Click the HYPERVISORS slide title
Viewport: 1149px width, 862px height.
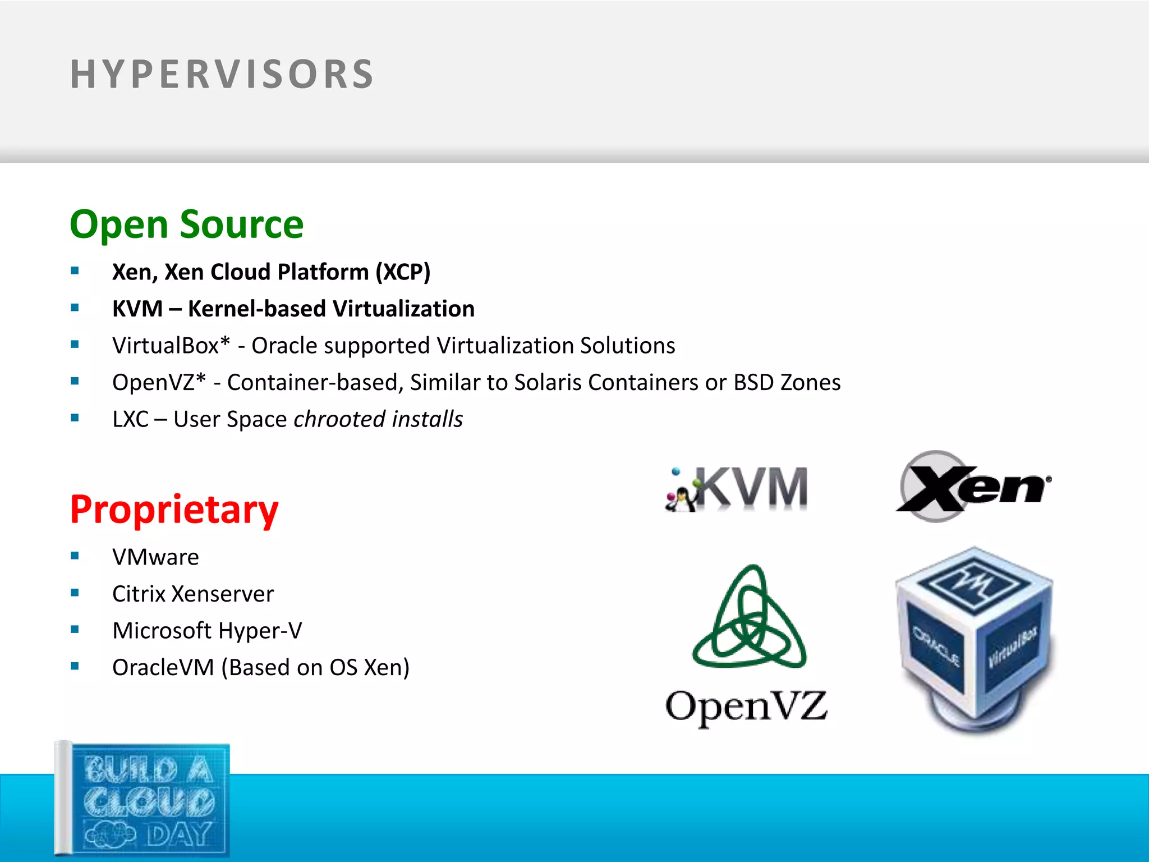pos(222,74)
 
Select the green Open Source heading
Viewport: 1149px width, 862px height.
pos(186,224)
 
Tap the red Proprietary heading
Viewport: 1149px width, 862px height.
pos(174,510)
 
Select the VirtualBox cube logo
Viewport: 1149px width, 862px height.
pos(975,640)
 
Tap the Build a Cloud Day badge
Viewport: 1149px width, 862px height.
pos(143,800)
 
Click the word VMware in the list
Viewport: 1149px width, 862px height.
pos(155,557)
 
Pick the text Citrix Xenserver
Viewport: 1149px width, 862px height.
pos(193,594)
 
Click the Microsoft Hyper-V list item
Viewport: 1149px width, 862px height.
pos(207,631)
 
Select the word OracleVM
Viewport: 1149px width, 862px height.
pos(163,668)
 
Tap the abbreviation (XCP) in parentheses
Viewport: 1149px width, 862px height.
pos(403,272)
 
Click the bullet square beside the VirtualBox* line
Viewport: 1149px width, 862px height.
pos(75,345)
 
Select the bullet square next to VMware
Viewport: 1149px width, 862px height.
pos(75,556)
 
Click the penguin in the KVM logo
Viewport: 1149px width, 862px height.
pos(681,497)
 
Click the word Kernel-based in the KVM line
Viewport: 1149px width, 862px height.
pos(257,309)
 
